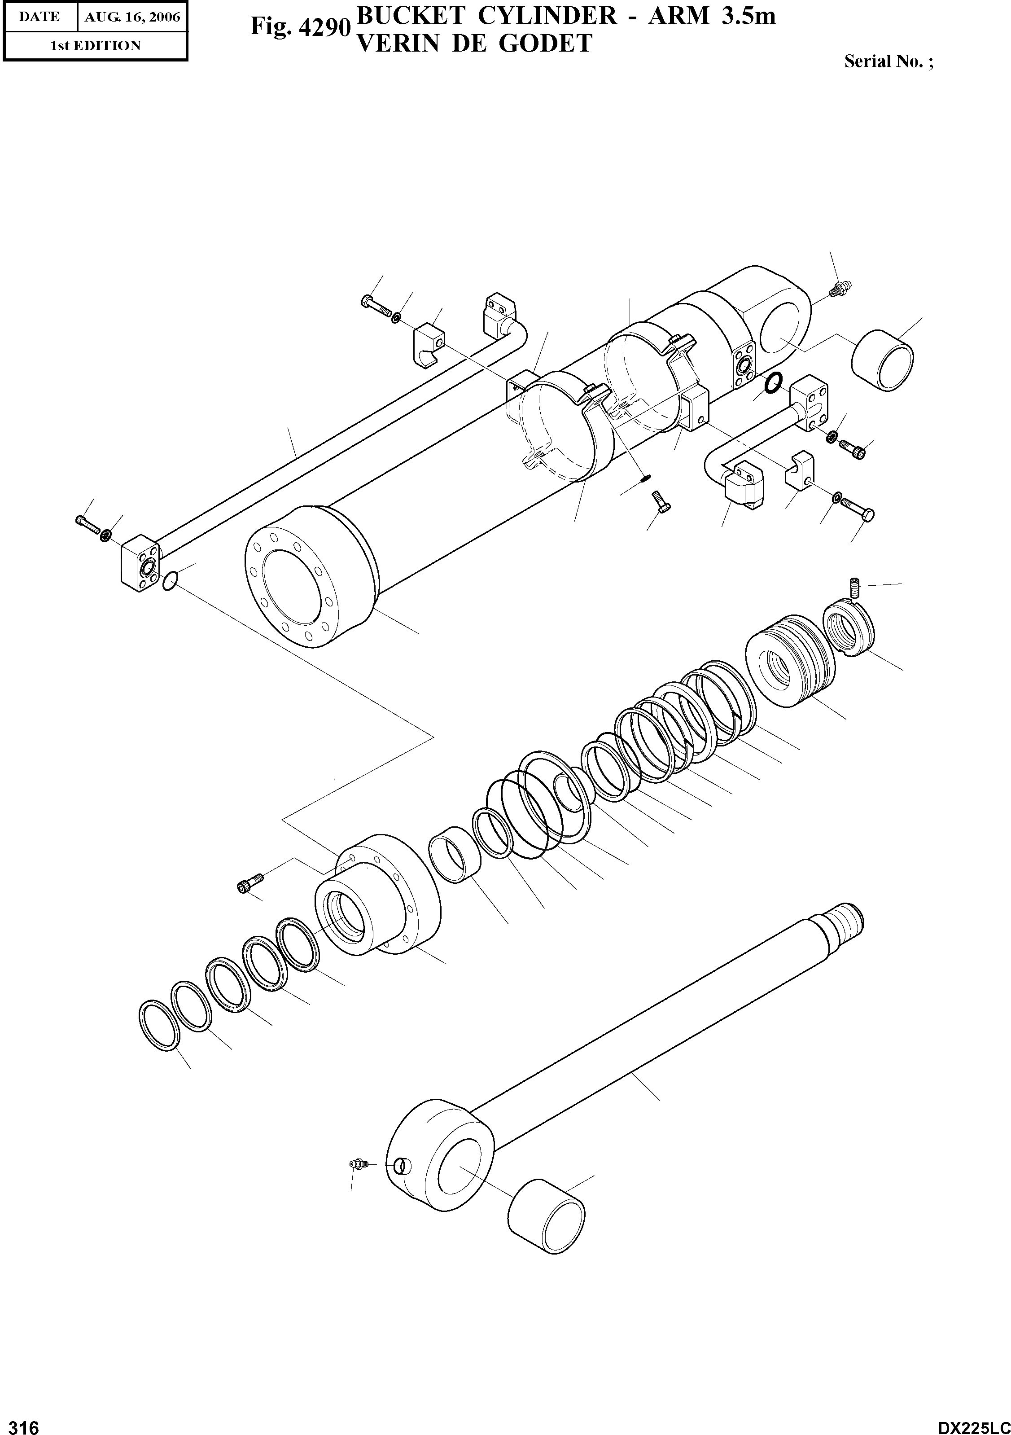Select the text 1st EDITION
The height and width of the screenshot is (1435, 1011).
coord(95,46)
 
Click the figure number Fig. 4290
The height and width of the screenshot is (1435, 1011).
coord(299,27)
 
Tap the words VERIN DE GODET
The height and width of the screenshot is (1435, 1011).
coord(473,43)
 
